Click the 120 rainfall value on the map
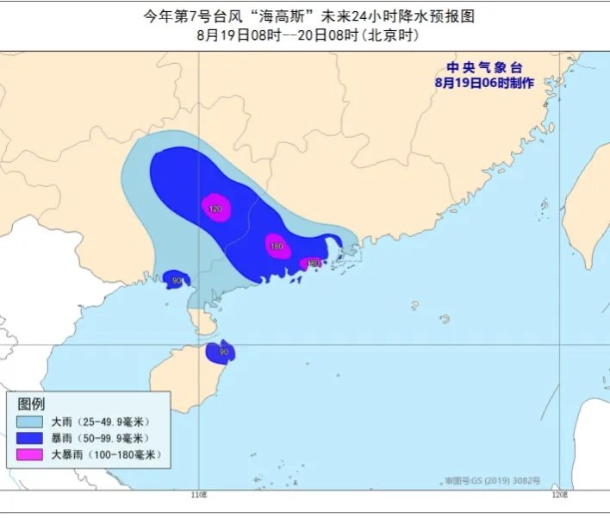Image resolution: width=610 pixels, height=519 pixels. point(215,209)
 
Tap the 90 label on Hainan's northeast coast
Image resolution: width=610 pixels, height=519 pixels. point(224,352)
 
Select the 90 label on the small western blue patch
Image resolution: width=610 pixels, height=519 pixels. point(177,280)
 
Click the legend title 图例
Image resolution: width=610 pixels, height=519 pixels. point(33,404)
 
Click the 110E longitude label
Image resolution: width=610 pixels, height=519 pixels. point(199,496)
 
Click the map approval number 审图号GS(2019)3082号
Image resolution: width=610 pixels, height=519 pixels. point(493,478)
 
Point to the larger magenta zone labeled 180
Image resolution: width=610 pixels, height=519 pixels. point(276,246)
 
